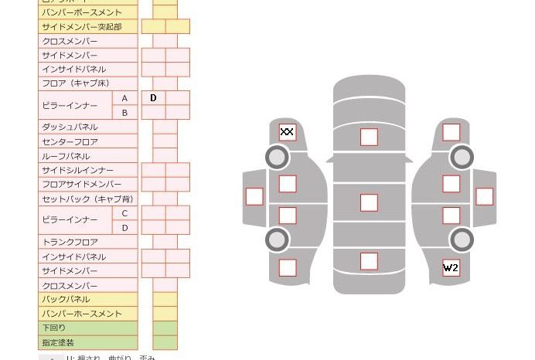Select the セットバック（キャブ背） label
tap(87, 199)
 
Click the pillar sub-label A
tap(124, 98)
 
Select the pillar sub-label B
tap(124, 113)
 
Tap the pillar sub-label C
tap(124, 213)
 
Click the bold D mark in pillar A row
tap(153, 98)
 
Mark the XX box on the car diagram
tap(287, 132)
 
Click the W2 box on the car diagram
tap(451, 268)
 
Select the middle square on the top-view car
tap(369, 202)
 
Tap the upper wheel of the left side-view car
tap(277, 158)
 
